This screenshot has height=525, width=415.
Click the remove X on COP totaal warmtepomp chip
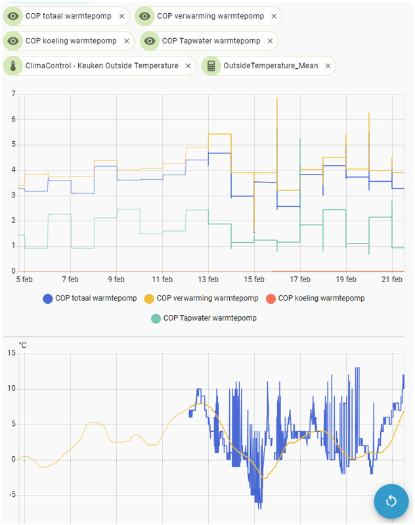point(121,16)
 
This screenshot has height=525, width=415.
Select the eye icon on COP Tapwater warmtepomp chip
point(150,41)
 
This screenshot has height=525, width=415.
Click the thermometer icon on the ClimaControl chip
point(13,66)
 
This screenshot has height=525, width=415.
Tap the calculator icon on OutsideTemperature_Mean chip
point(211,66)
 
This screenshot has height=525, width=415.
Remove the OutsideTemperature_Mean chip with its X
point(326,66)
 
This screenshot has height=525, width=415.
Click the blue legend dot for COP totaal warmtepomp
point(47,299)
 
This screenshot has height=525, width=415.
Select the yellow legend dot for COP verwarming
point(148,299)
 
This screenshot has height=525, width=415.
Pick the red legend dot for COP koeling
point(270,299)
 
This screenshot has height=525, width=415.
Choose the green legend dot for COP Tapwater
point(156,318)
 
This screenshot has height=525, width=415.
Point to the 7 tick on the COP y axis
point(12,94)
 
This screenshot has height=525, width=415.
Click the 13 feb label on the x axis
point(208,280)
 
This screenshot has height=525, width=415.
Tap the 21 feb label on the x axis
point(392,280)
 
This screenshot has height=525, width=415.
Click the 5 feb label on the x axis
point(25,280)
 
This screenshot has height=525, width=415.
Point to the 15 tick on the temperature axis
point(11,353)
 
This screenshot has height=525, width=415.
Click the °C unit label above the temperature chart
point(22,345)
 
